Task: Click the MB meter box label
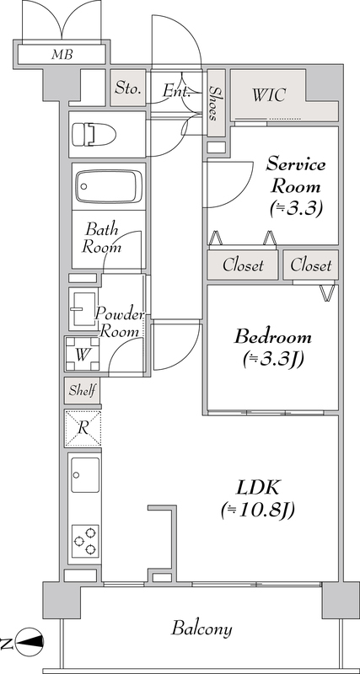point(62,55)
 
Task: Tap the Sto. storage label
point(128,88)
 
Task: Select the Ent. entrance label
point(176,91)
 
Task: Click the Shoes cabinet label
point(214,103)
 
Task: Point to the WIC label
point(269,95)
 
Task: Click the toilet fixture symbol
point(94,134)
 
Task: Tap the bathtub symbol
point(109,186)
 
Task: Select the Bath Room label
point(101,238)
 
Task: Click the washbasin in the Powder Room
point(83,309)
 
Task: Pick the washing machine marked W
point(83,354)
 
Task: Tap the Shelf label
point(82,391)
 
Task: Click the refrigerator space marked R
point(83,428)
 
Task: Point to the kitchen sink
point(85,474)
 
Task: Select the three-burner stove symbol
point(85,541)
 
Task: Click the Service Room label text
point(295,175)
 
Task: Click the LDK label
point(258,489)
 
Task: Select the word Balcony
point(201,629)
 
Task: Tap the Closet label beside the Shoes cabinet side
point(243,265)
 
